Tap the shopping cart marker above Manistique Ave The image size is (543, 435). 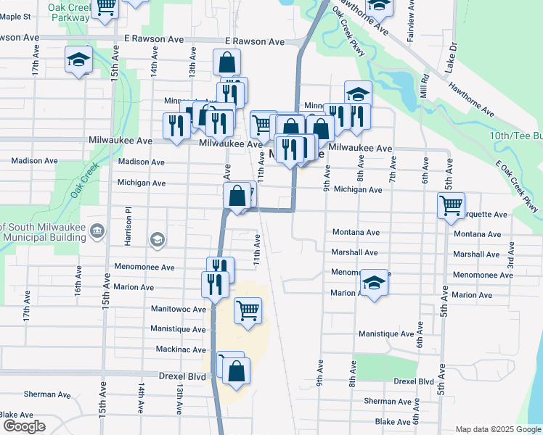click(x=248, y=311)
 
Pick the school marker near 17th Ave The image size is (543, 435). click(x=78, y=60)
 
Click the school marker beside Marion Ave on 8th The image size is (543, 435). click(x=374, y=282)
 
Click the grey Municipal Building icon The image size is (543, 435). click(x=100, y=231)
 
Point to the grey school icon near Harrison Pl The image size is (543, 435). click(x=156, y=239)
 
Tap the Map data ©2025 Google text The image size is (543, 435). click(x=497, y=429)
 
